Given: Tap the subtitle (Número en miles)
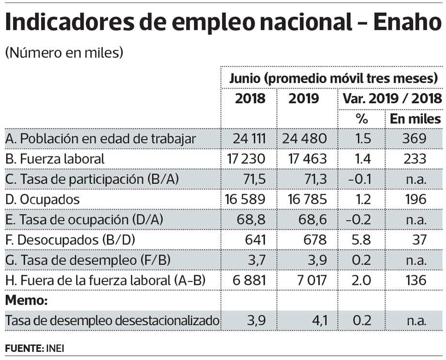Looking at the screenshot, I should pyautogui.click(x=64, y=53).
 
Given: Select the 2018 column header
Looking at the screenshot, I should pyautogui.click(x=250, y=99).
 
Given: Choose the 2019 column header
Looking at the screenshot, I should pyautogui.click(x=304, y=99).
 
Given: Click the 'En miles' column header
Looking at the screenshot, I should pyautogui.click(x=415, y=119).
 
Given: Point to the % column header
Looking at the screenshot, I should pyautogui.click(x=362, y=119).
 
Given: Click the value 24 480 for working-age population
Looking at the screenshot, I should pyautogui.click(x=304, y=139).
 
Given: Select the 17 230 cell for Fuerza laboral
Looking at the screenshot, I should pyautogui.click(x=247, y=158).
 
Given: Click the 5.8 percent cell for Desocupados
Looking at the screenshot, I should pyautogui.click(x=363, y=239).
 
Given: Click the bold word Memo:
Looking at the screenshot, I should pyautogui.click(x=27, y=300).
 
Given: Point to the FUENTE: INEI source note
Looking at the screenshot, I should pyautogui.click(x=35, y=348).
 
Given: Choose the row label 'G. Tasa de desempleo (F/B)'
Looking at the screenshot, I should pyautogui.click(x=88, y=260).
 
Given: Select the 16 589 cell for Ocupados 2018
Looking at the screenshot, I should pyautogui.click(x=246, y=199).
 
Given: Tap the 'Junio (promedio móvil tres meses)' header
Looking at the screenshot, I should pyautogui.click(x=334, y=78).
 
